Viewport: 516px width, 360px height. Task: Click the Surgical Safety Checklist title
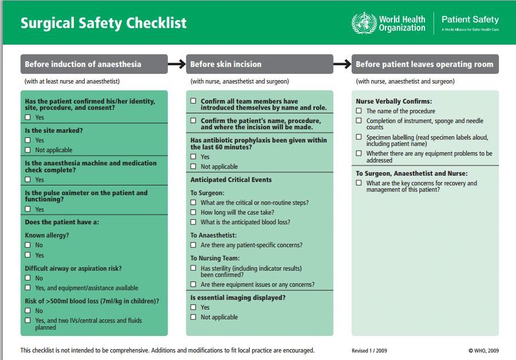[x=104, y=23]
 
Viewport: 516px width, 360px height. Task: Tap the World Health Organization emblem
[x=364, y=23]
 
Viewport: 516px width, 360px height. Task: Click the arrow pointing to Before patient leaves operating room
[x=342, y=64]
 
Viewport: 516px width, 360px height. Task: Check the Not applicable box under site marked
[x=27, y=150]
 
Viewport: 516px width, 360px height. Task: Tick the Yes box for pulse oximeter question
[x=27, y=209]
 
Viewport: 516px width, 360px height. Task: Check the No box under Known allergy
[x=27, y=245]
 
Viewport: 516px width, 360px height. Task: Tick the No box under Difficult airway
[x=27, y=278]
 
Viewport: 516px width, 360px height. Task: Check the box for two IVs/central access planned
[x=27, y=321]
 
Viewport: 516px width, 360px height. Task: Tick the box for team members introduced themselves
[x=193, y=101]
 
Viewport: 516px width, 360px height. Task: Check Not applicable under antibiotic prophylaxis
[x=193, y=167]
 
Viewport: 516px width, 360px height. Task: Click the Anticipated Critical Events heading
[x=231, y=180]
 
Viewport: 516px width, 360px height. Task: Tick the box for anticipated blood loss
[x=193, y=222]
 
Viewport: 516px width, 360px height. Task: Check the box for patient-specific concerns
[x=193, y=245]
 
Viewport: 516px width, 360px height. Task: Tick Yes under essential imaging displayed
[x=193, y=307]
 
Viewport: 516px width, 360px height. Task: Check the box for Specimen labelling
[x=359, y=137]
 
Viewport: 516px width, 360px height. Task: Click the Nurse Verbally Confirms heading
[x=394, y=101]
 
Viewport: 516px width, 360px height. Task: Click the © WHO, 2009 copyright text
[x=483, y=351]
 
